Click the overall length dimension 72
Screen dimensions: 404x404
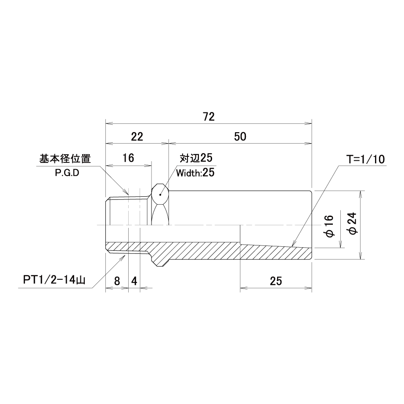pos(209,117)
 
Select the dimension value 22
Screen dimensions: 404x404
pos(137,136)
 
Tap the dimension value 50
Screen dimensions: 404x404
pos(240,136)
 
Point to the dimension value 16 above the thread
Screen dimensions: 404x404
pos(128,159)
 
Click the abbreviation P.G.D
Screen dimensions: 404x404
pos(67,172)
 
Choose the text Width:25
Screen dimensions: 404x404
pos(195,173)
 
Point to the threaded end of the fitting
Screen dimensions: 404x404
pos(125,211)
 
